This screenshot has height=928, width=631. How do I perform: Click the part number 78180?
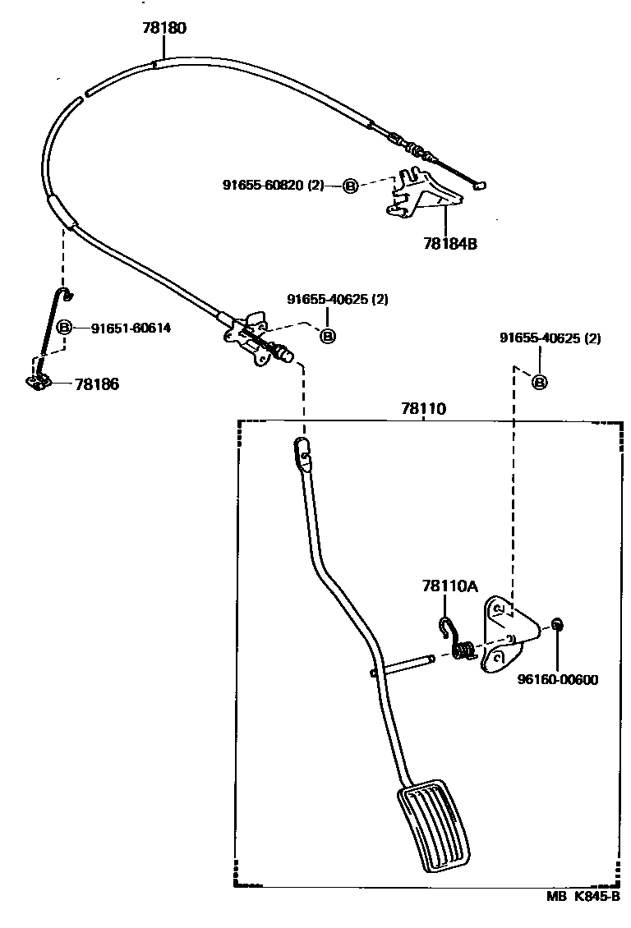coord(164,28)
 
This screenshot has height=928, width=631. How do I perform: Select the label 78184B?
coord(450,243)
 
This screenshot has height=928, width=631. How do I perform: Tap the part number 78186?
coord(97,384)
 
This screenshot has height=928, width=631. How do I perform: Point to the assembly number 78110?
coord(424,408)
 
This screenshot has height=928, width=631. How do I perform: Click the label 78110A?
coord(449,586)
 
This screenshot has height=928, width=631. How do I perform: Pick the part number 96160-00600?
coord(557,679)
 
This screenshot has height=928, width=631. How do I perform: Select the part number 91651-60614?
coord(131,328)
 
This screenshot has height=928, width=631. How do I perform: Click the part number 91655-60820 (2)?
coord(273,186)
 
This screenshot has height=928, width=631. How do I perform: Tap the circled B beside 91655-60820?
coord(349,186)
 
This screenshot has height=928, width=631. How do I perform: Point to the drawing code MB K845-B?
coord(583,897)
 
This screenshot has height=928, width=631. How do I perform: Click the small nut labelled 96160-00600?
coord(556,626)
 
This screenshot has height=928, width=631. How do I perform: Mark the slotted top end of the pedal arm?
coord(302,452)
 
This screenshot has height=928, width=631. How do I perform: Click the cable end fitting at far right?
coord(481,186)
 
